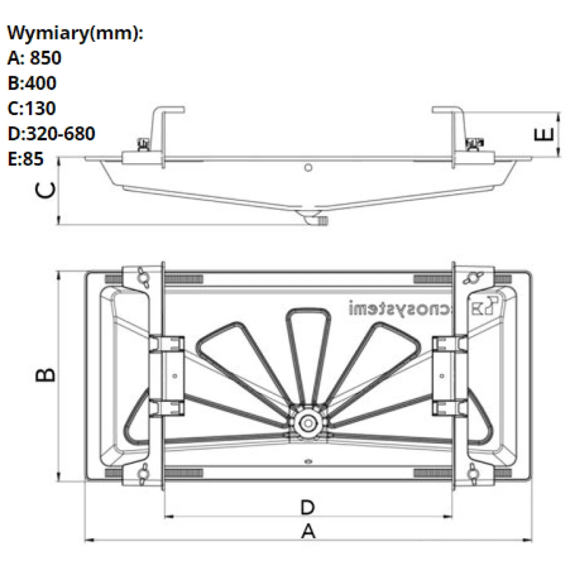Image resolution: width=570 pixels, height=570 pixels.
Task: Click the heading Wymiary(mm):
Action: pyautogui.click(x=75, y=33)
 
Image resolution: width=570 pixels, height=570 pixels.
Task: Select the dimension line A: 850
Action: pyautogui.click(x=35, y=58)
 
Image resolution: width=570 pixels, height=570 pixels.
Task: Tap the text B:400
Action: pyautogui.click(x=32, y=83)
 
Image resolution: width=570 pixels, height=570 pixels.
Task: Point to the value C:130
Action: pyautogui.click(x=32, y=109)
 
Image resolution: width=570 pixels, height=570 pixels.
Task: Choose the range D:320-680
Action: pyautogui.click(x=51, y=134)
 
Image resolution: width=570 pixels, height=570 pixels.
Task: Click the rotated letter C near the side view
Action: pyautogui.click(x=46, y=190)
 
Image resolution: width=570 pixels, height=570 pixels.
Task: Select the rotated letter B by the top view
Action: pyautogui.click(x=46, y=375)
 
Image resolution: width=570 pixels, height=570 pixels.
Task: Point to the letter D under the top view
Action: pyautogui.click(x=308, y=508)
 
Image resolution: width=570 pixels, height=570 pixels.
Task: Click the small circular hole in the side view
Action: pyautogui.click(x=309, y=167)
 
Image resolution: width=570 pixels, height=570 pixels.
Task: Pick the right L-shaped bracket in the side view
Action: pyautogui.click(x=454, y=134)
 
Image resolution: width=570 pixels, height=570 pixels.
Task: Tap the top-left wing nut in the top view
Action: pyautogui.click(x=145, y=277)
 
